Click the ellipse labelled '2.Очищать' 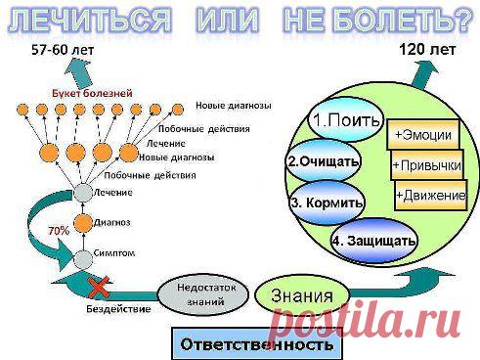point(324,160)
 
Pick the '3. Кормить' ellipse point(327,202)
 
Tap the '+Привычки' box point(426,163)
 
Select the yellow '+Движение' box point(431,196)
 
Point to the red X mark point(97,287)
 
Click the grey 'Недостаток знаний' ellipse point(200,294)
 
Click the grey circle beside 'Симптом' point(85,257)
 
